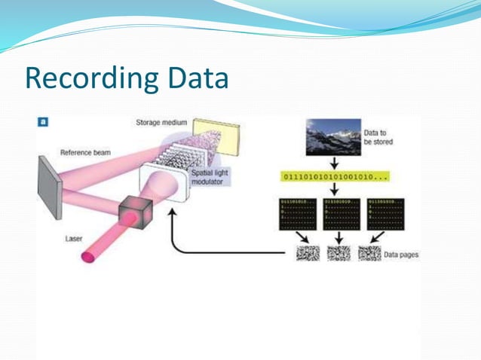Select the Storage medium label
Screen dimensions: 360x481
click(x=161, y=122)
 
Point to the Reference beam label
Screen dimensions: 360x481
click(x=84, y=152)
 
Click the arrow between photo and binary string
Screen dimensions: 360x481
click(x=333, y=162)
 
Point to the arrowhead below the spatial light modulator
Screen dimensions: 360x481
click(x=173, y=214)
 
